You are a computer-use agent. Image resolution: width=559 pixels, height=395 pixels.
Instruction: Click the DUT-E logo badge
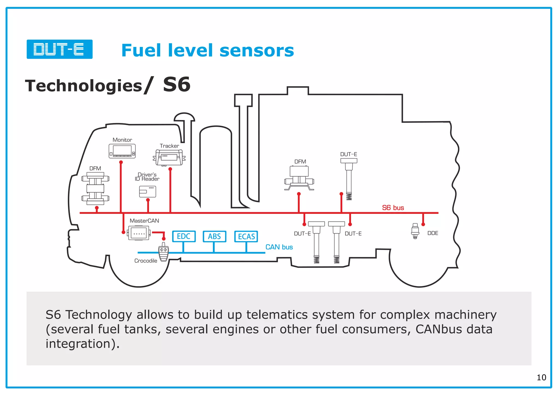[60, 49]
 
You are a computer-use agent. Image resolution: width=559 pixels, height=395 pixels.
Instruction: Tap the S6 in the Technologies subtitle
[177, 85]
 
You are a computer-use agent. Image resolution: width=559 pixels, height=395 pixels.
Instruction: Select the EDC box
[184, 236]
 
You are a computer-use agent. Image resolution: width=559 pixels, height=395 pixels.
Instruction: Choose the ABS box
[214, 236]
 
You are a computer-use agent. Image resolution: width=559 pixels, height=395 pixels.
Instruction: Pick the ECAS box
[246, 237]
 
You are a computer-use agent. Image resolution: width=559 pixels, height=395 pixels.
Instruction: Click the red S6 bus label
[393, 208]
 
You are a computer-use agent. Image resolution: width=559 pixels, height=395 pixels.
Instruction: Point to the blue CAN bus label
[279, 247]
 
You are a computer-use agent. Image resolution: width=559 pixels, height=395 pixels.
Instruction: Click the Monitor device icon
[122, 151]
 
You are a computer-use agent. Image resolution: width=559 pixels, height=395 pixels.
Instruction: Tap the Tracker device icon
[169, 157]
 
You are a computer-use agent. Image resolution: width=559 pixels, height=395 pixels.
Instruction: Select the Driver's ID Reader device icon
[147, 191]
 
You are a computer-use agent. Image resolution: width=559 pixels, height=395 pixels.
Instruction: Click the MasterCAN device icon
[139, 234]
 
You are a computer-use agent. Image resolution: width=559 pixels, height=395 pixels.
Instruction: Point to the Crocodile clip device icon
[163, 252]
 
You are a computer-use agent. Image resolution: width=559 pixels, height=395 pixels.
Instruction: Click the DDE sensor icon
[415, 231]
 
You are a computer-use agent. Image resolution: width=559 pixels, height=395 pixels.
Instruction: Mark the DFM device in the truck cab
[95, 188]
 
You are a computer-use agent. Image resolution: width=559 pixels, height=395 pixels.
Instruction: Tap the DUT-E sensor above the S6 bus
[349, 179]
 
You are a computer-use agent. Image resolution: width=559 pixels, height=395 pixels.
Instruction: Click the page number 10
[541, 378]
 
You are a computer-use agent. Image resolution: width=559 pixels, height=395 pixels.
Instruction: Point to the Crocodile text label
[146, 261]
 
